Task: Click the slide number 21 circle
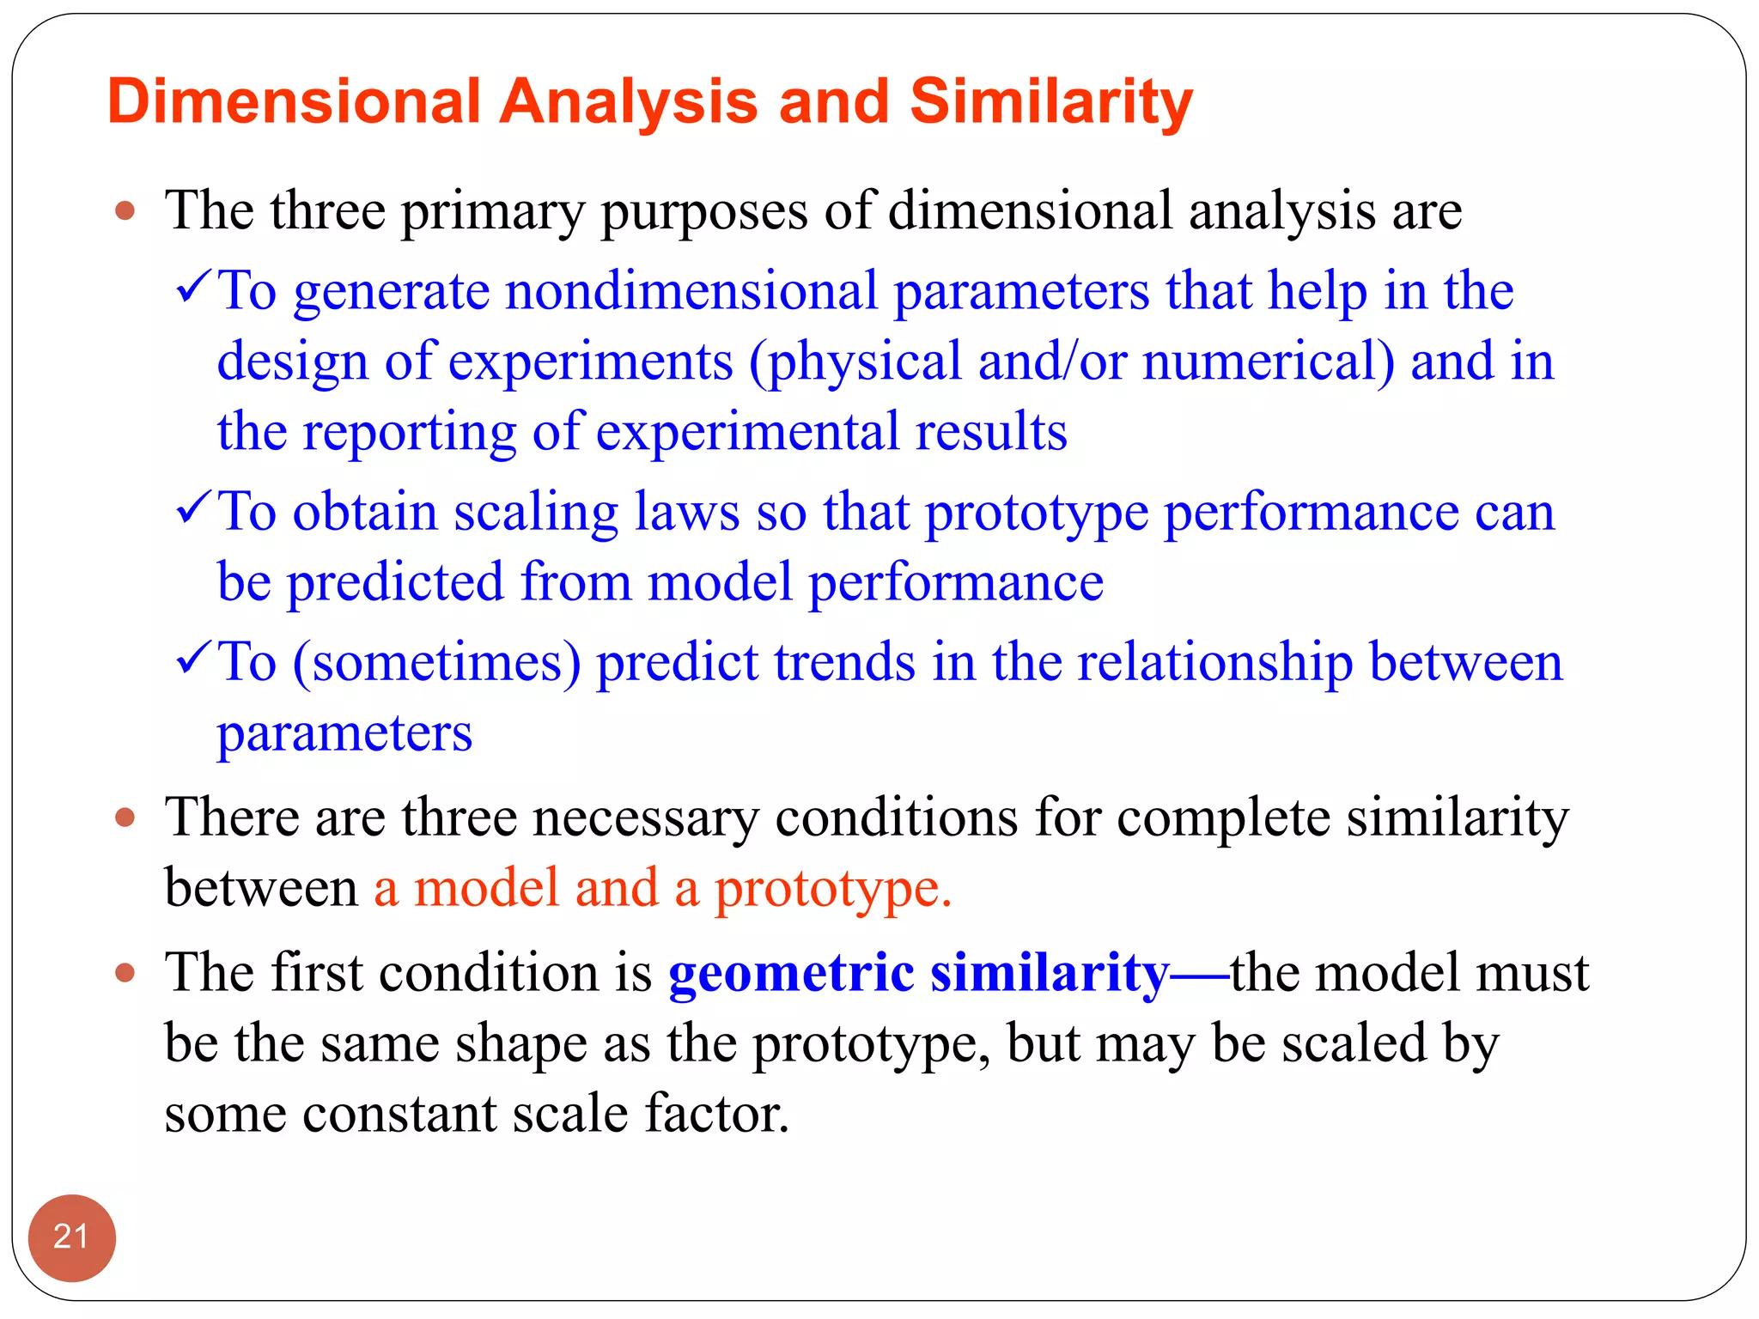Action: pyautogui.click(x=71, y=1237)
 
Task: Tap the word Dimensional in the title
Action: pyautogui.click(x=294, y=101)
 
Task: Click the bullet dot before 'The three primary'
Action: pyautogui.click(x=125, y=210)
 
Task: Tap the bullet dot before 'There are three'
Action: pyautogui.click(x=125, y=817)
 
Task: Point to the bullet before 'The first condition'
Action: pyautogui.click(x=125, y=973)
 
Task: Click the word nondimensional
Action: pyautogui.click(x=691, y=291)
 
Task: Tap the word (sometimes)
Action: pyautogui.click(x=437, y=664)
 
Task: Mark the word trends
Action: pyautogui.click(x=844, y=663)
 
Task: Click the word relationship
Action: pyautogui.click(x=1214, y=664)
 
